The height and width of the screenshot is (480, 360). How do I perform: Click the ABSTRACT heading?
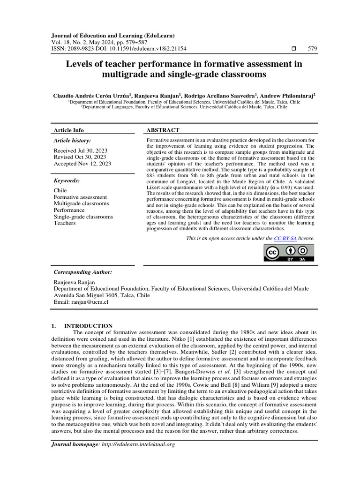tap(163, 130)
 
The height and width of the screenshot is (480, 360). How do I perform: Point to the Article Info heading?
tap(69, 130)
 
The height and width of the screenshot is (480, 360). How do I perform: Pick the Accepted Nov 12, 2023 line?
tap(82, 164)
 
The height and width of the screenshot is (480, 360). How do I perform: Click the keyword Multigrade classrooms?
tap(81, 203)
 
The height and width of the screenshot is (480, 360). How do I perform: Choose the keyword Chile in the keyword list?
tap(60, 190)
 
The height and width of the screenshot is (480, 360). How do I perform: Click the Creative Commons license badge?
tap(289, 253)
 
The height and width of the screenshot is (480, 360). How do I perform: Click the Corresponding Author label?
tap(82, 272)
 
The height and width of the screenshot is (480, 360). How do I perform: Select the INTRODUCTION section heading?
tap(88, 326)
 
